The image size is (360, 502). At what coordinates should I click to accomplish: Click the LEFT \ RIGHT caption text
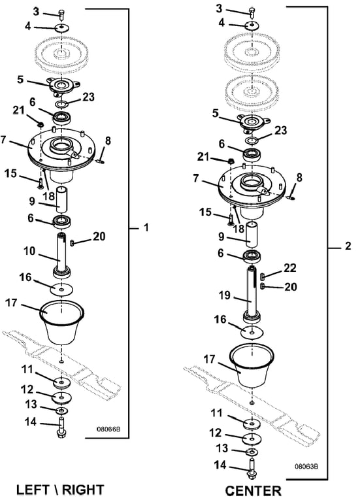[60, 490]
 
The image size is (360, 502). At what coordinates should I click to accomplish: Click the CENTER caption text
[253, 491]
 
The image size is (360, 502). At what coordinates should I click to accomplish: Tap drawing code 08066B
[108, 429]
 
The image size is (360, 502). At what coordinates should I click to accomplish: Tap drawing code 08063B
[306, 466]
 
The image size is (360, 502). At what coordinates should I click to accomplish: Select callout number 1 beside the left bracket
[146, 227]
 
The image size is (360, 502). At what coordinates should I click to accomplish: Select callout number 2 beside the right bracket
[348, 246]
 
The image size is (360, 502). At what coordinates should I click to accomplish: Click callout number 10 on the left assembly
[29, 251]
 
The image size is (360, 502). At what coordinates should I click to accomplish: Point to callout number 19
[224, 295]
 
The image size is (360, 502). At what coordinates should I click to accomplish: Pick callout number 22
[290, 267]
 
